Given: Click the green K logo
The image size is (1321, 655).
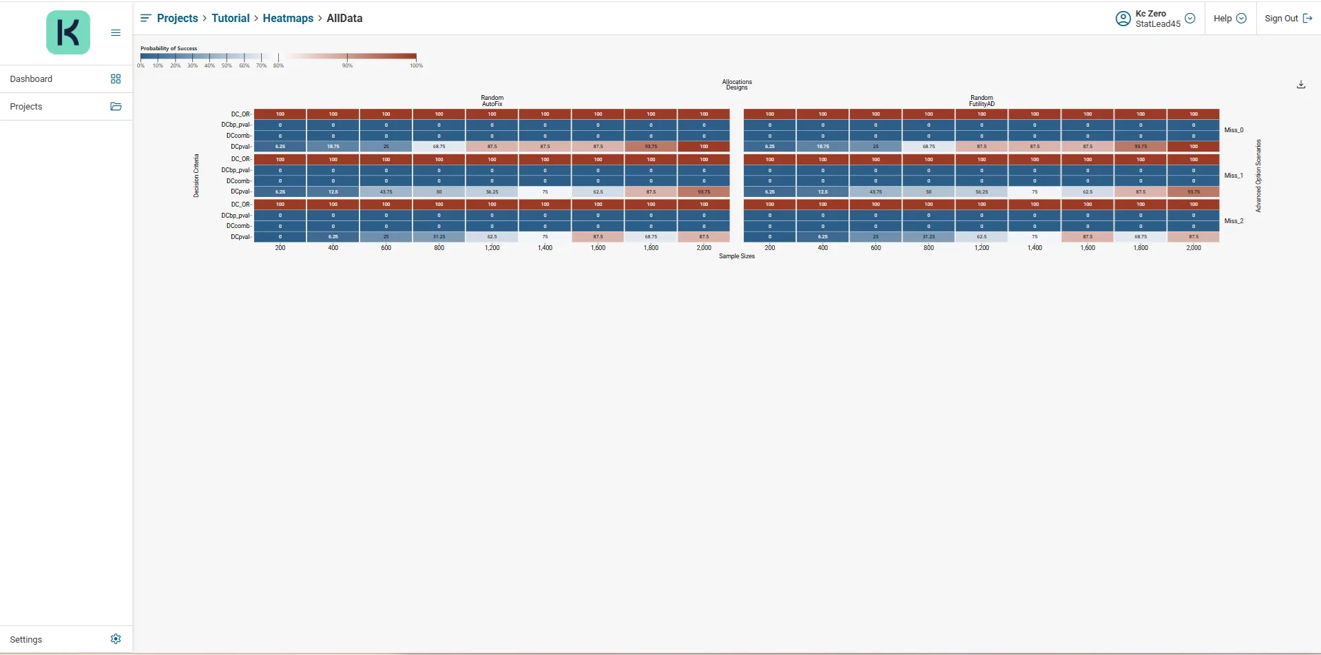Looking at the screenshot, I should coord(68,32).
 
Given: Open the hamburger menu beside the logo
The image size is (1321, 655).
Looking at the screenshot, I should coord(116,32).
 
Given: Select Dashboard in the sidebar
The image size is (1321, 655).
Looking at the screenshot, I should coord(31,79).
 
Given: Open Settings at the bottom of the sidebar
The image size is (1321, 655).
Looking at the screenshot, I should coord(26,639).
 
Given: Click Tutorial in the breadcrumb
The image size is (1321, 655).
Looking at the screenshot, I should coord(230,19).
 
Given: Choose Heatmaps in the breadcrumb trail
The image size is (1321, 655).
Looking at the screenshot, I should coord(288,19).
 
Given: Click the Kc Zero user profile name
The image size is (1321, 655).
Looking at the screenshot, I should coord(1150,14).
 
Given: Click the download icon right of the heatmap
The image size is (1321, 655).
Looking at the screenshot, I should coord(1301,85).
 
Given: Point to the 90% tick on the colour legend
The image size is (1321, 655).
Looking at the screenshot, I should coord(347,65).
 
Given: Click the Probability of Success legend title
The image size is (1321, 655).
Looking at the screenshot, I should coord(169,48).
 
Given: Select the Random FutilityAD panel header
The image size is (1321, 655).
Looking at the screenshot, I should coord(981,101).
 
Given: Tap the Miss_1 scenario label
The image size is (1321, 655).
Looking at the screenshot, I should coord(1234,176).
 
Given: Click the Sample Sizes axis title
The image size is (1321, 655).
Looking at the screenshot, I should coord(736,256).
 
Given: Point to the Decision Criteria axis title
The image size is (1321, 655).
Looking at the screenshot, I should coord(196,176).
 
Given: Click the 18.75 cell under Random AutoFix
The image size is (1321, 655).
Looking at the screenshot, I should coord(333,147).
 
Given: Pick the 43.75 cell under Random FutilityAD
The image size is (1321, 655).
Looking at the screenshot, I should coord(875,192).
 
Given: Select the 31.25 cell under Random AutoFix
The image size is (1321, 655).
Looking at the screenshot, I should coord(439,237).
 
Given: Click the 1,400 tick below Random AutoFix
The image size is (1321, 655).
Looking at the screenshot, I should coord(545,248).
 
